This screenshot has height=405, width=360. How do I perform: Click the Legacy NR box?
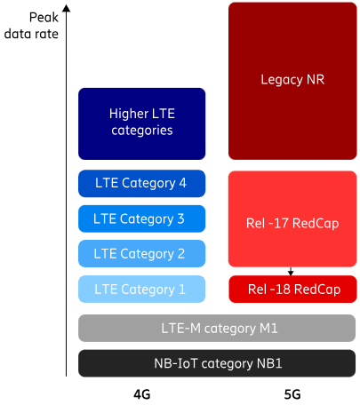pos(292,81)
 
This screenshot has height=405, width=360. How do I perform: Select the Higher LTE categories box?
pos(141,123)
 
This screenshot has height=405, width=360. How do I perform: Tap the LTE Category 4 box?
pos(141,184)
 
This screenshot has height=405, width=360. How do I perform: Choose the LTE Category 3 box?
pos(141,218)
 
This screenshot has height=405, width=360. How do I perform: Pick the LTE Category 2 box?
pos(141,254)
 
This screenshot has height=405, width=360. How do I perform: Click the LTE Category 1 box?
pos(141,290)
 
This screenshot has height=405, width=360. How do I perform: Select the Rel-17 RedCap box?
pos(292,219)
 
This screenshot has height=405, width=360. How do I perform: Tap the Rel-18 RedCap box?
pos(292,290)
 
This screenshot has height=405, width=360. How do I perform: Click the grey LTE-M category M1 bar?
pos(217,328)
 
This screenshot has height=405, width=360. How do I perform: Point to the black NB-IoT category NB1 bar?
pos(217,363)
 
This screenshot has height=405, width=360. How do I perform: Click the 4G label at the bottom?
pos(142,394)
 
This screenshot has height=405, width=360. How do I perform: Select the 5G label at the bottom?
pos(292,394)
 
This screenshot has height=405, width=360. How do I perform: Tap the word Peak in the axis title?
pos(44,18)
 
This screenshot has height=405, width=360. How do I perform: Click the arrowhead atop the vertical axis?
pos(67,8)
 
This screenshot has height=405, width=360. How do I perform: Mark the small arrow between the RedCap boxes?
pos(291,271)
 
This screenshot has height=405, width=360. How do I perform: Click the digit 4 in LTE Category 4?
pos(182,183)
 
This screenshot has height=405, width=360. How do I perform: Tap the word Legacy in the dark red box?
pos(282,80)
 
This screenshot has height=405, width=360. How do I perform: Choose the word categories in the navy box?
pos(142,131)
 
